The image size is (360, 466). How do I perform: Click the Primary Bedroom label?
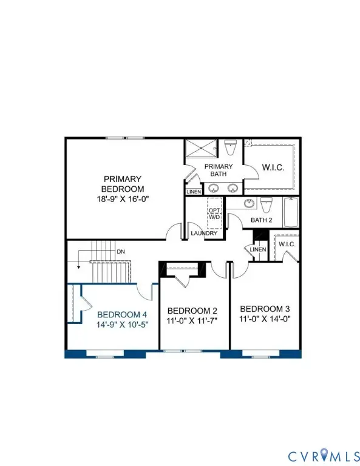[122, 184]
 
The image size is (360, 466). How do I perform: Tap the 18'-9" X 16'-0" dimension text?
[122, 199]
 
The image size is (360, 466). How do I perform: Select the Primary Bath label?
[214, 171]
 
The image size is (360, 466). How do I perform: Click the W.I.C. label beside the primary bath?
[273, 166]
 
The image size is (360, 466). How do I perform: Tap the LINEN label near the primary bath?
[194, 192]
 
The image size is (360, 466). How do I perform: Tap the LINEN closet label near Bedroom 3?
[259, 249]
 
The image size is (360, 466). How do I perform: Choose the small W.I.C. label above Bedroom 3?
[286, 245]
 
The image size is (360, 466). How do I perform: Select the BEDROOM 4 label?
[122, 314]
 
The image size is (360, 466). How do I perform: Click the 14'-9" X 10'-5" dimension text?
[122, 325]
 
